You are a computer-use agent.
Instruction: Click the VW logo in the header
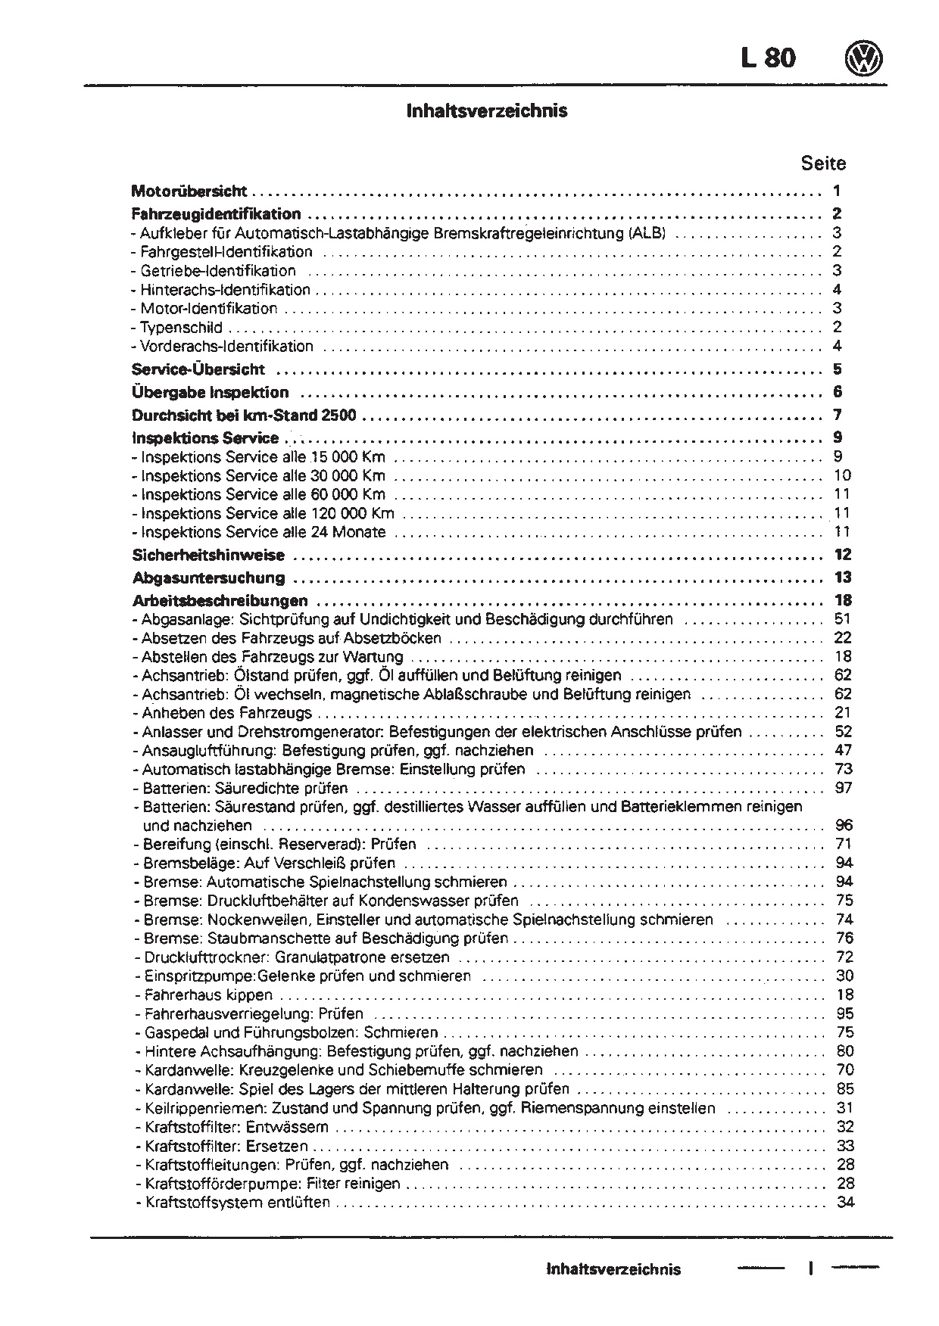point(865,58)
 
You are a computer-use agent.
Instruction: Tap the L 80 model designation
point(768,58)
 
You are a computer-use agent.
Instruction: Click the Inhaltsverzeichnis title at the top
point(487,111)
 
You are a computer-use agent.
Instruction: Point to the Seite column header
point(823,163)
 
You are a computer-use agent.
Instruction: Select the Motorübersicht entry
point(189,191)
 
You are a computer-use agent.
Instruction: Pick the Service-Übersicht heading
point(198,369)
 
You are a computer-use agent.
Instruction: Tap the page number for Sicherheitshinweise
point(843,555)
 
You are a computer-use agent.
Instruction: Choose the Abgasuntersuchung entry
point(208,578)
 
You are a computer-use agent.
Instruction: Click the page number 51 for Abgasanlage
point(843,619)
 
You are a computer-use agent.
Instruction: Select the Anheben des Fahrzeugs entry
point(226,713)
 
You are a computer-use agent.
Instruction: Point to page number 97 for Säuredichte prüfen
point(844,788)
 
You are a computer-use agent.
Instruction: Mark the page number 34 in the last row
point(845,1203)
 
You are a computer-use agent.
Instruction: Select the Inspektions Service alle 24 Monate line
point(263,532)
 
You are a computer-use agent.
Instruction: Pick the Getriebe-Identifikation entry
point(218,271)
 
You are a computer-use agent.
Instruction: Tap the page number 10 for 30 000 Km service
point(842,475)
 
